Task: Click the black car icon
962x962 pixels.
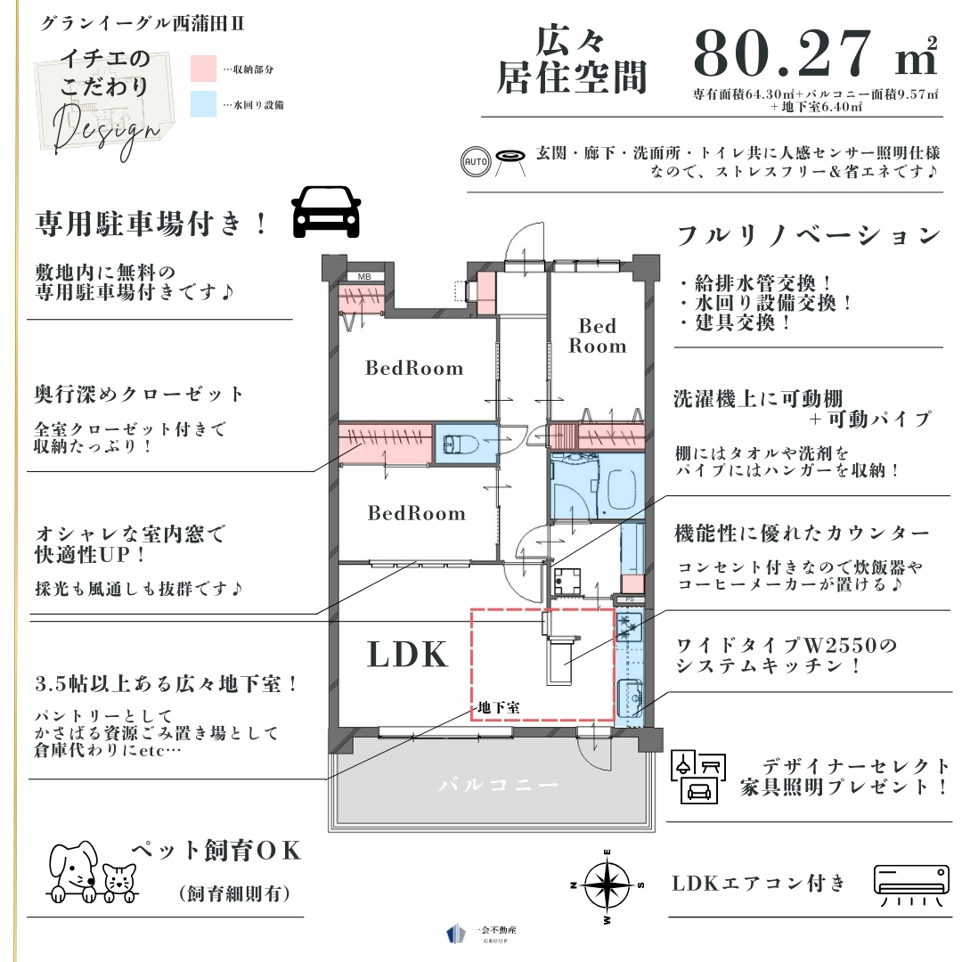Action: pyautogui.click(x=326, y=212)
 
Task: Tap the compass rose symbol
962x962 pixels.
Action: pyautogui.click(x=607, y=885)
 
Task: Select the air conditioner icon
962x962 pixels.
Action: pyautogui.click(x=911, y=885)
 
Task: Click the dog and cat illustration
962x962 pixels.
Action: pyautogui.click(x=93, y=872)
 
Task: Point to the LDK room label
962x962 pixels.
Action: pyautogui.click(x=407, y=654)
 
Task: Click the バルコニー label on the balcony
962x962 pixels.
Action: pyautogui.click(x=498, y=785)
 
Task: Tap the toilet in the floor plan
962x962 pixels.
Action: pyautogui.click(x=461, y=443)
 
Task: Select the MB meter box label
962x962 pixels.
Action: pyautogui.click(x=364, y=277)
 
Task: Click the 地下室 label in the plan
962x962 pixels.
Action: pyautogui.click(x=499, y=707)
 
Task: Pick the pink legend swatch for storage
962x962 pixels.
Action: pyautogui.click(x=203, y=68)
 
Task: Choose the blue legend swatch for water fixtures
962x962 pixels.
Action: pyautogui.click(x=203, y=103)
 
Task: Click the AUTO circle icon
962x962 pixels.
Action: pyautogui.click(x=476, y=162)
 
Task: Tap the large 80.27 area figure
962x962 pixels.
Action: pyautogui.click(x=782, y=53)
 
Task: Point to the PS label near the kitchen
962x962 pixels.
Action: pyautogui.click(x=630, y=599)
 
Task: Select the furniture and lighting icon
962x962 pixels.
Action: pyautogui.click(x=698, y=776)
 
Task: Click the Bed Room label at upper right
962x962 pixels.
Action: pyautogui.click(x=598, y=336)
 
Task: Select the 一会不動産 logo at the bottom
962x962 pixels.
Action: pyautogui.click(x=482, y=933)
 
